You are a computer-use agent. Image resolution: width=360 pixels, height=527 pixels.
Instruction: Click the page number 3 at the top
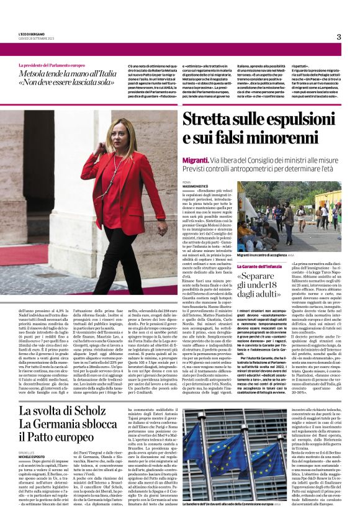click(338, 37)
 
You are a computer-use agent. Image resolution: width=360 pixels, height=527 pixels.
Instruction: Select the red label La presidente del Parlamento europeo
click(52, 65)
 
